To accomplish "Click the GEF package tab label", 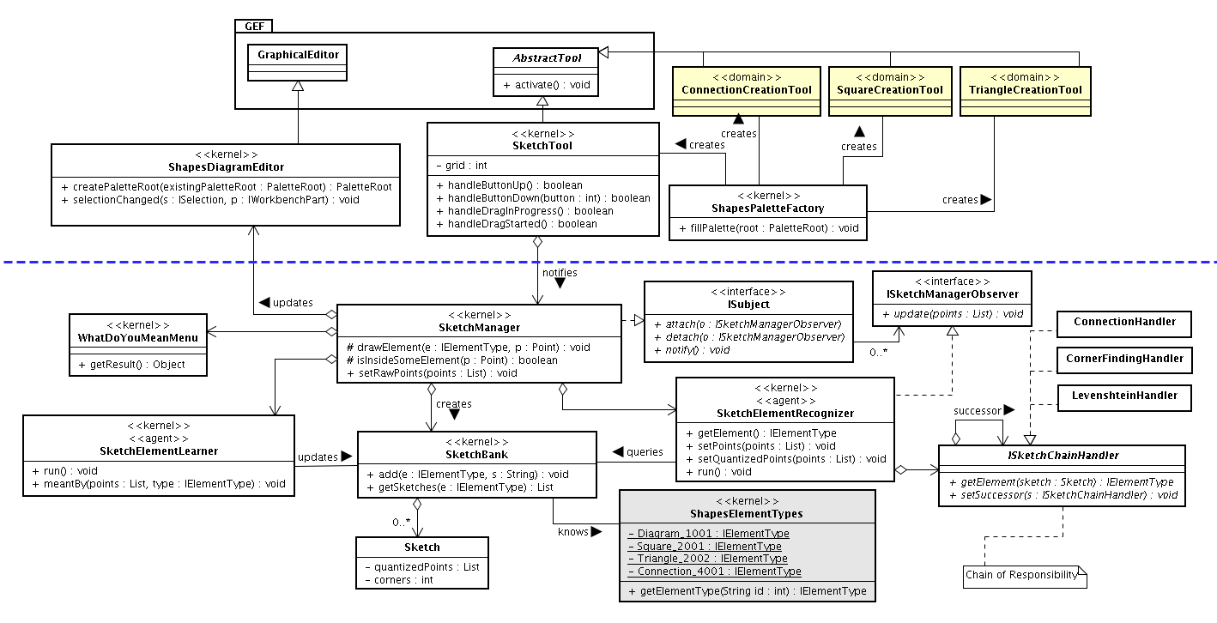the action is coord(254,26).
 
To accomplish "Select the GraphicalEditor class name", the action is coord(298,55).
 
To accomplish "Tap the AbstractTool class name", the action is coord(547,58).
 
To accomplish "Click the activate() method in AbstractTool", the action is coord(546,85).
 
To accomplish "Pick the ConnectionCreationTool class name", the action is coord(747,90).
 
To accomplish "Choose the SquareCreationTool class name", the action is coord(890,90).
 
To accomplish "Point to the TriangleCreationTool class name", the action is coord(1026,90).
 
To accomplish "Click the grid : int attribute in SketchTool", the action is coord(461,165).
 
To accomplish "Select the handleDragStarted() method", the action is coord(516,224).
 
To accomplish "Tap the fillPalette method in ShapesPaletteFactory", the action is coord(768,228).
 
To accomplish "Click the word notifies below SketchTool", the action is coord(560,273).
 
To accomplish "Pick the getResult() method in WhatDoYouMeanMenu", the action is coord(131,365).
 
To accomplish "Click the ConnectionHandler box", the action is coord(1124,324).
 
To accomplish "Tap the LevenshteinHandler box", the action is coord(1124,398).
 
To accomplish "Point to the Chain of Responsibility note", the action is coord(1025,577).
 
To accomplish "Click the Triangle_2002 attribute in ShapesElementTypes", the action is coord(708,559).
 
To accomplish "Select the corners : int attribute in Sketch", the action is coord(399,580).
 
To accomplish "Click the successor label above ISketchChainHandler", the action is coord(977,411).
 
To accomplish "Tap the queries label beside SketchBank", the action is coord(645,452).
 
